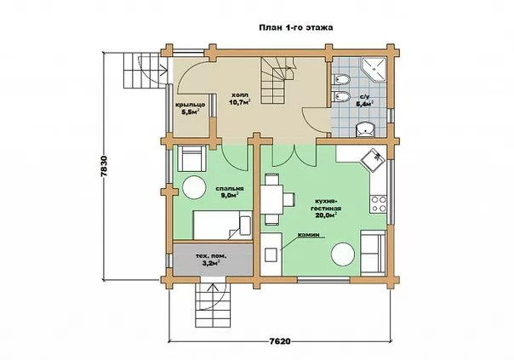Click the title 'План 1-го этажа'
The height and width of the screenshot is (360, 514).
click(296, 27)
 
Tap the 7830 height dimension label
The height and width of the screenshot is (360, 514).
click(104, 166)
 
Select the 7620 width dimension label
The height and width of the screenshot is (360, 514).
click(280, 341)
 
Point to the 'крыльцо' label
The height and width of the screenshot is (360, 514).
click(190, 105)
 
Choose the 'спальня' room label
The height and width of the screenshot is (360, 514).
click(230, 189)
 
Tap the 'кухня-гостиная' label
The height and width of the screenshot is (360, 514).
click(323, 204)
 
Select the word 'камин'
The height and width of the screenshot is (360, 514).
click(308, 235)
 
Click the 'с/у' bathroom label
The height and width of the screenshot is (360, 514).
click(364, 97)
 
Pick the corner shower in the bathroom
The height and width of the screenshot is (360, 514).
click(374, 70)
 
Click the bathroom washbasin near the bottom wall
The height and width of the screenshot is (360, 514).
click(364, 129)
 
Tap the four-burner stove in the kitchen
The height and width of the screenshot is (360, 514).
click(379, 204)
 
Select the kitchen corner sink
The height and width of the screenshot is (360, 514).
click(373, 158)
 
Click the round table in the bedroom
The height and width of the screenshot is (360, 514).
click(194, 187)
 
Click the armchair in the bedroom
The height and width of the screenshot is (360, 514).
click(191, 158)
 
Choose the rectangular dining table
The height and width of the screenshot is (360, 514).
click(271, 199)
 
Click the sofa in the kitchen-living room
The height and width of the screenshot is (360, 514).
click(373, 253)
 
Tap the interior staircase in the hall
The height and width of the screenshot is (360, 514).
click(277, 80)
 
